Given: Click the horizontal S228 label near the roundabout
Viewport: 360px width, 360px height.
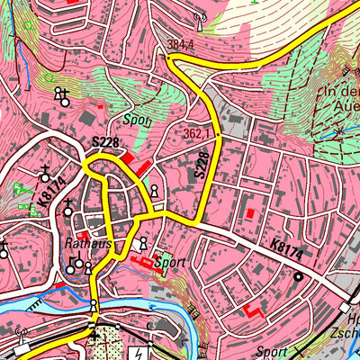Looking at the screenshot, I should (105, 142).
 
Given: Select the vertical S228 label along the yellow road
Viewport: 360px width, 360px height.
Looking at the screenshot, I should (202, 169).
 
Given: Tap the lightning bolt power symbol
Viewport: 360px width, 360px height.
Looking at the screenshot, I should (138, 354).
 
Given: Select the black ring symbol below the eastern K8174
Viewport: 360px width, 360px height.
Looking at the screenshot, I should (298, 277).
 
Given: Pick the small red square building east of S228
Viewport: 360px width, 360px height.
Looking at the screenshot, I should (249, 213).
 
